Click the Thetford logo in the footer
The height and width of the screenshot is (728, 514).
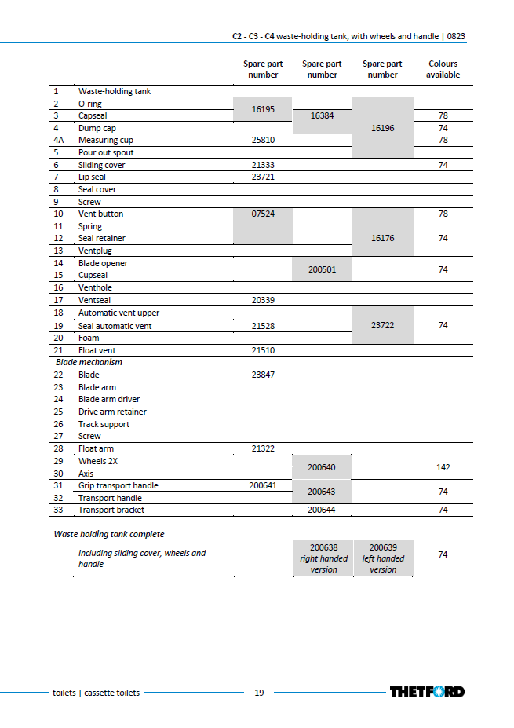click(x=427, y=692)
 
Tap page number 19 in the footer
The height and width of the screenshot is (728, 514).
click(x=259, y=693)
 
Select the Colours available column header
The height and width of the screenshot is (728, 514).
click(x=443, y=69)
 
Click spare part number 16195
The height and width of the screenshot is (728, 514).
click(x=263, y=110)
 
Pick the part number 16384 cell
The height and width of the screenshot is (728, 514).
click(x=322, y=115)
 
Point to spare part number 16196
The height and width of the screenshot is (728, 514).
click(x=382, y=128)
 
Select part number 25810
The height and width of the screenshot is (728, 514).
click(x=263, y=140)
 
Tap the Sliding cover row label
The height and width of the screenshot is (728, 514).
click(x=101, y=165)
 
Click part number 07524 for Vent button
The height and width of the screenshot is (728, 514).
click(x=263, y=214)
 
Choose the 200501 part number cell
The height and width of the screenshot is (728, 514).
click(x=322, y=269)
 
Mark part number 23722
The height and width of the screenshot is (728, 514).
click(x=382, y=325)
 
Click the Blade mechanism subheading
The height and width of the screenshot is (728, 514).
click(x=89, y=362)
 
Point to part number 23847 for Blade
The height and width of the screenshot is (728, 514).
click(x=263, y=375)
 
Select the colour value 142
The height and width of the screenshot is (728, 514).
click(x=443, y=467)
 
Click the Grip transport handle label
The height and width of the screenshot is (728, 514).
click(x=118, y=485)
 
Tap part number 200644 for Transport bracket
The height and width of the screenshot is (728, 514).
click(x=322, y=510)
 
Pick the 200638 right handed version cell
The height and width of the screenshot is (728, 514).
click(x=323, y=558)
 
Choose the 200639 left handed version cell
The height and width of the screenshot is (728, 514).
click(x=383, y=558)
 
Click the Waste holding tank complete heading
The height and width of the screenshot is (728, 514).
click(x=109, y=534)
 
